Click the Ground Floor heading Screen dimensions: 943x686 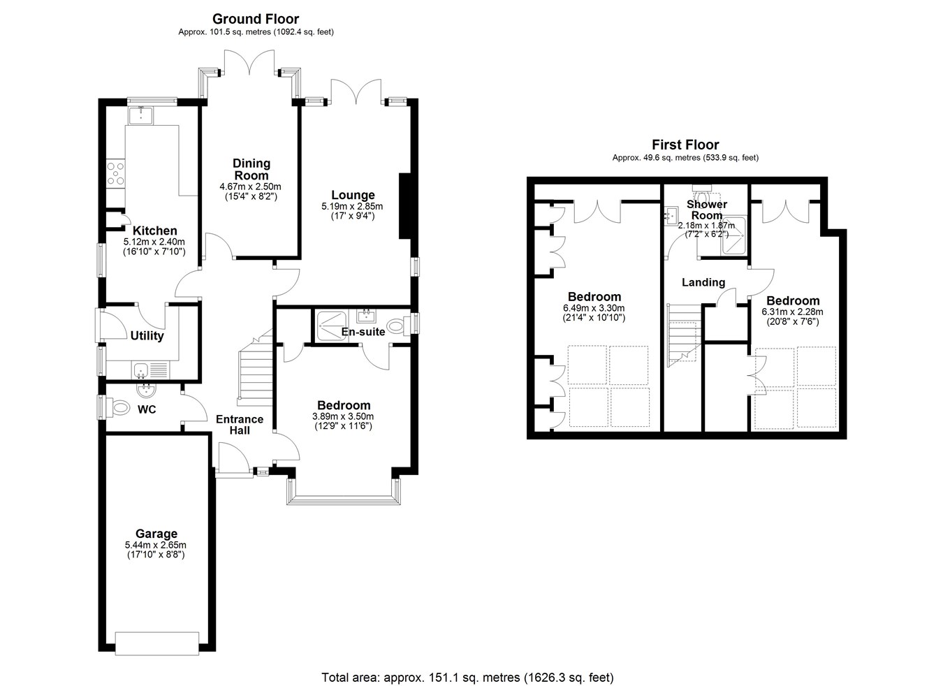(256, 19)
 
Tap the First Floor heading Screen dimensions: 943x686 (685, 145)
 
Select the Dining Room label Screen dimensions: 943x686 (251, 169)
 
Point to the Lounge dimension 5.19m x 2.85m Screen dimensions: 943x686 (352, 206)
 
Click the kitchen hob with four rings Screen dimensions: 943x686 (116, 173)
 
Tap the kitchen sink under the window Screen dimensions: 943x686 (141, 115)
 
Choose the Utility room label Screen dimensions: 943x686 (147, 335)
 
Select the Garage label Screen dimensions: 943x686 (156, 534)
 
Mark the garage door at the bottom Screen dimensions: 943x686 (157, 643)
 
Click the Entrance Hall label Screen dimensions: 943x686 (240, 425)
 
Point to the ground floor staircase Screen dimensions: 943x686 (256, 367)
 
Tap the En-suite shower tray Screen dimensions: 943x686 (331, 326)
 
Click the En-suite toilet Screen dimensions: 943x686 (398, 326)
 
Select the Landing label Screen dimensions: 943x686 (703, 282)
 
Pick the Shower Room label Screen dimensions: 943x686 (707, 210)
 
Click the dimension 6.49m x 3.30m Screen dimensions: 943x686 (594, 308)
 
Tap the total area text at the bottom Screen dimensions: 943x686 (468, 678)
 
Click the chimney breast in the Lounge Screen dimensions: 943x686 (404, 206)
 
